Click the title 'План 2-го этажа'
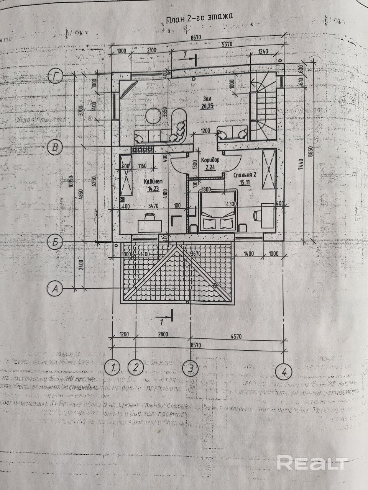(x=199, y=18)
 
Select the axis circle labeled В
(x=56, y=147)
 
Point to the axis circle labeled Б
(x=56, y=242)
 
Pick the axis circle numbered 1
(x=113, y=368)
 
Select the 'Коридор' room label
(x=210, y=159)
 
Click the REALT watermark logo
(x=312, y=462)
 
